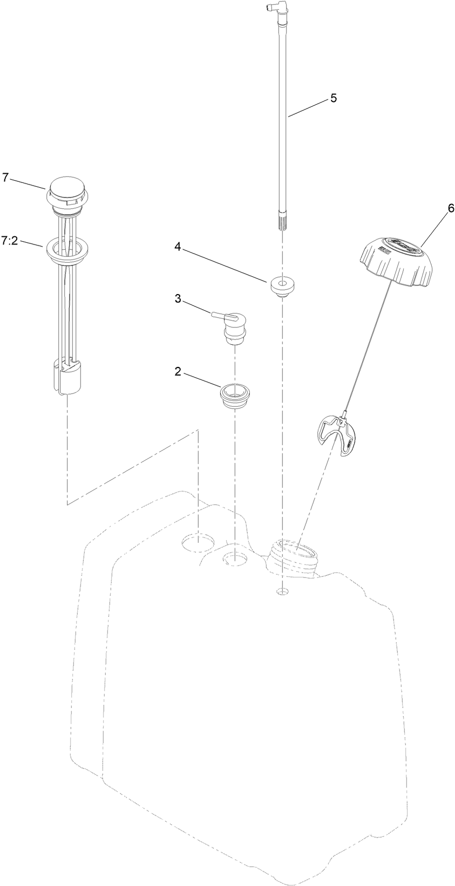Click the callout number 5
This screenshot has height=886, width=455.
point(333,98)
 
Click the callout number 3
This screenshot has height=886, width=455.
point(177,300)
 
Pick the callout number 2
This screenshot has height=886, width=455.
point(177,372)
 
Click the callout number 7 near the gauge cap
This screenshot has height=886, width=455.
point(5,177)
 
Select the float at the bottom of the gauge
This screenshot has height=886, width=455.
point(67,374)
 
